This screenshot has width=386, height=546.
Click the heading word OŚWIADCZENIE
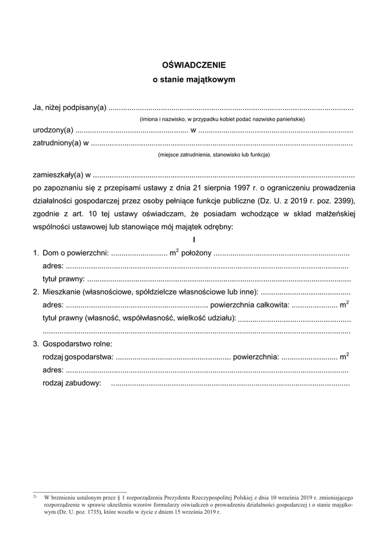point(194,65)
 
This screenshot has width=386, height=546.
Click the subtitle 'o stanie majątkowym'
point(194,81)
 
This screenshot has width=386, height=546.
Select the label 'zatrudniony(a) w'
point(60,143)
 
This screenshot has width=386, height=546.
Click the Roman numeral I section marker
point(194,239)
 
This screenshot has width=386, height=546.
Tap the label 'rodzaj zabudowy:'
point(71,383)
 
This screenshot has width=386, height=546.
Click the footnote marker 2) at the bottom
point(35,497)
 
